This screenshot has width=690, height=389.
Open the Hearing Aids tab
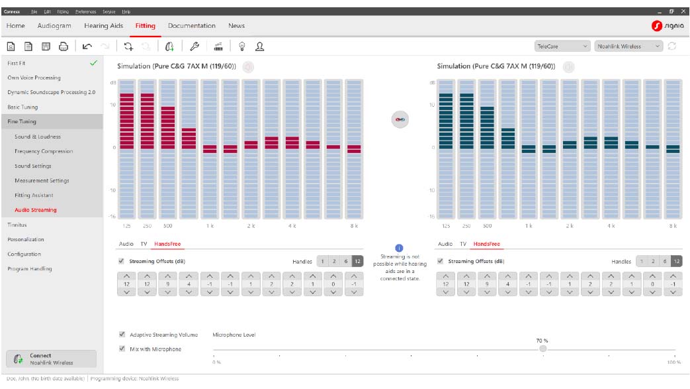coord(103,26)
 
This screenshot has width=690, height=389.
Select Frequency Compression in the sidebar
coord(44,151)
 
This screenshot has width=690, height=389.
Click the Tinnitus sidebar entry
coord(17,225)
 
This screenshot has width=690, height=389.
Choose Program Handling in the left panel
coord(29,268)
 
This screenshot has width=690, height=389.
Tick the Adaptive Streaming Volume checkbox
coord(122,335)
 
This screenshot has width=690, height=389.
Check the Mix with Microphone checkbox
coord(122,349)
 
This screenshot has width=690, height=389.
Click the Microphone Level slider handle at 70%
coord(542,349)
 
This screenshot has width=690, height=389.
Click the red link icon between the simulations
coord(400,119)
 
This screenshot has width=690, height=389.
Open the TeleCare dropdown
coord(562,46)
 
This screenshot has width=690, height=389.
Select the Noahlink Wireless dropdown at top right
coord(628,46)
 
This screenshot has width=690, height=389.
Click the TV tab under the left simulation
coord(144,244)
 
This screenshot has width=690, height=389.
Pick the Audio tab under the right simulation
coord(445,244)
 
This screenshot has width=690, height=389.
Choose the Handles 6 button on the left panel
coord(346,262)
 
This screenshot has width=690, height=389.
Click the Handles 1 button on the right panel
coord(641,262)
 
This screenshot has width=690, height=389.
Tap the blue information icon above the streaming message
coord(399,248)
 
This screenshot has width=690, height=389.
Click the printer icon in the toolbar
coord(64,46)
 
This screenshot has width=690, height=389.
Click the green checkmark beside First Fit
coord(93,63)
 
